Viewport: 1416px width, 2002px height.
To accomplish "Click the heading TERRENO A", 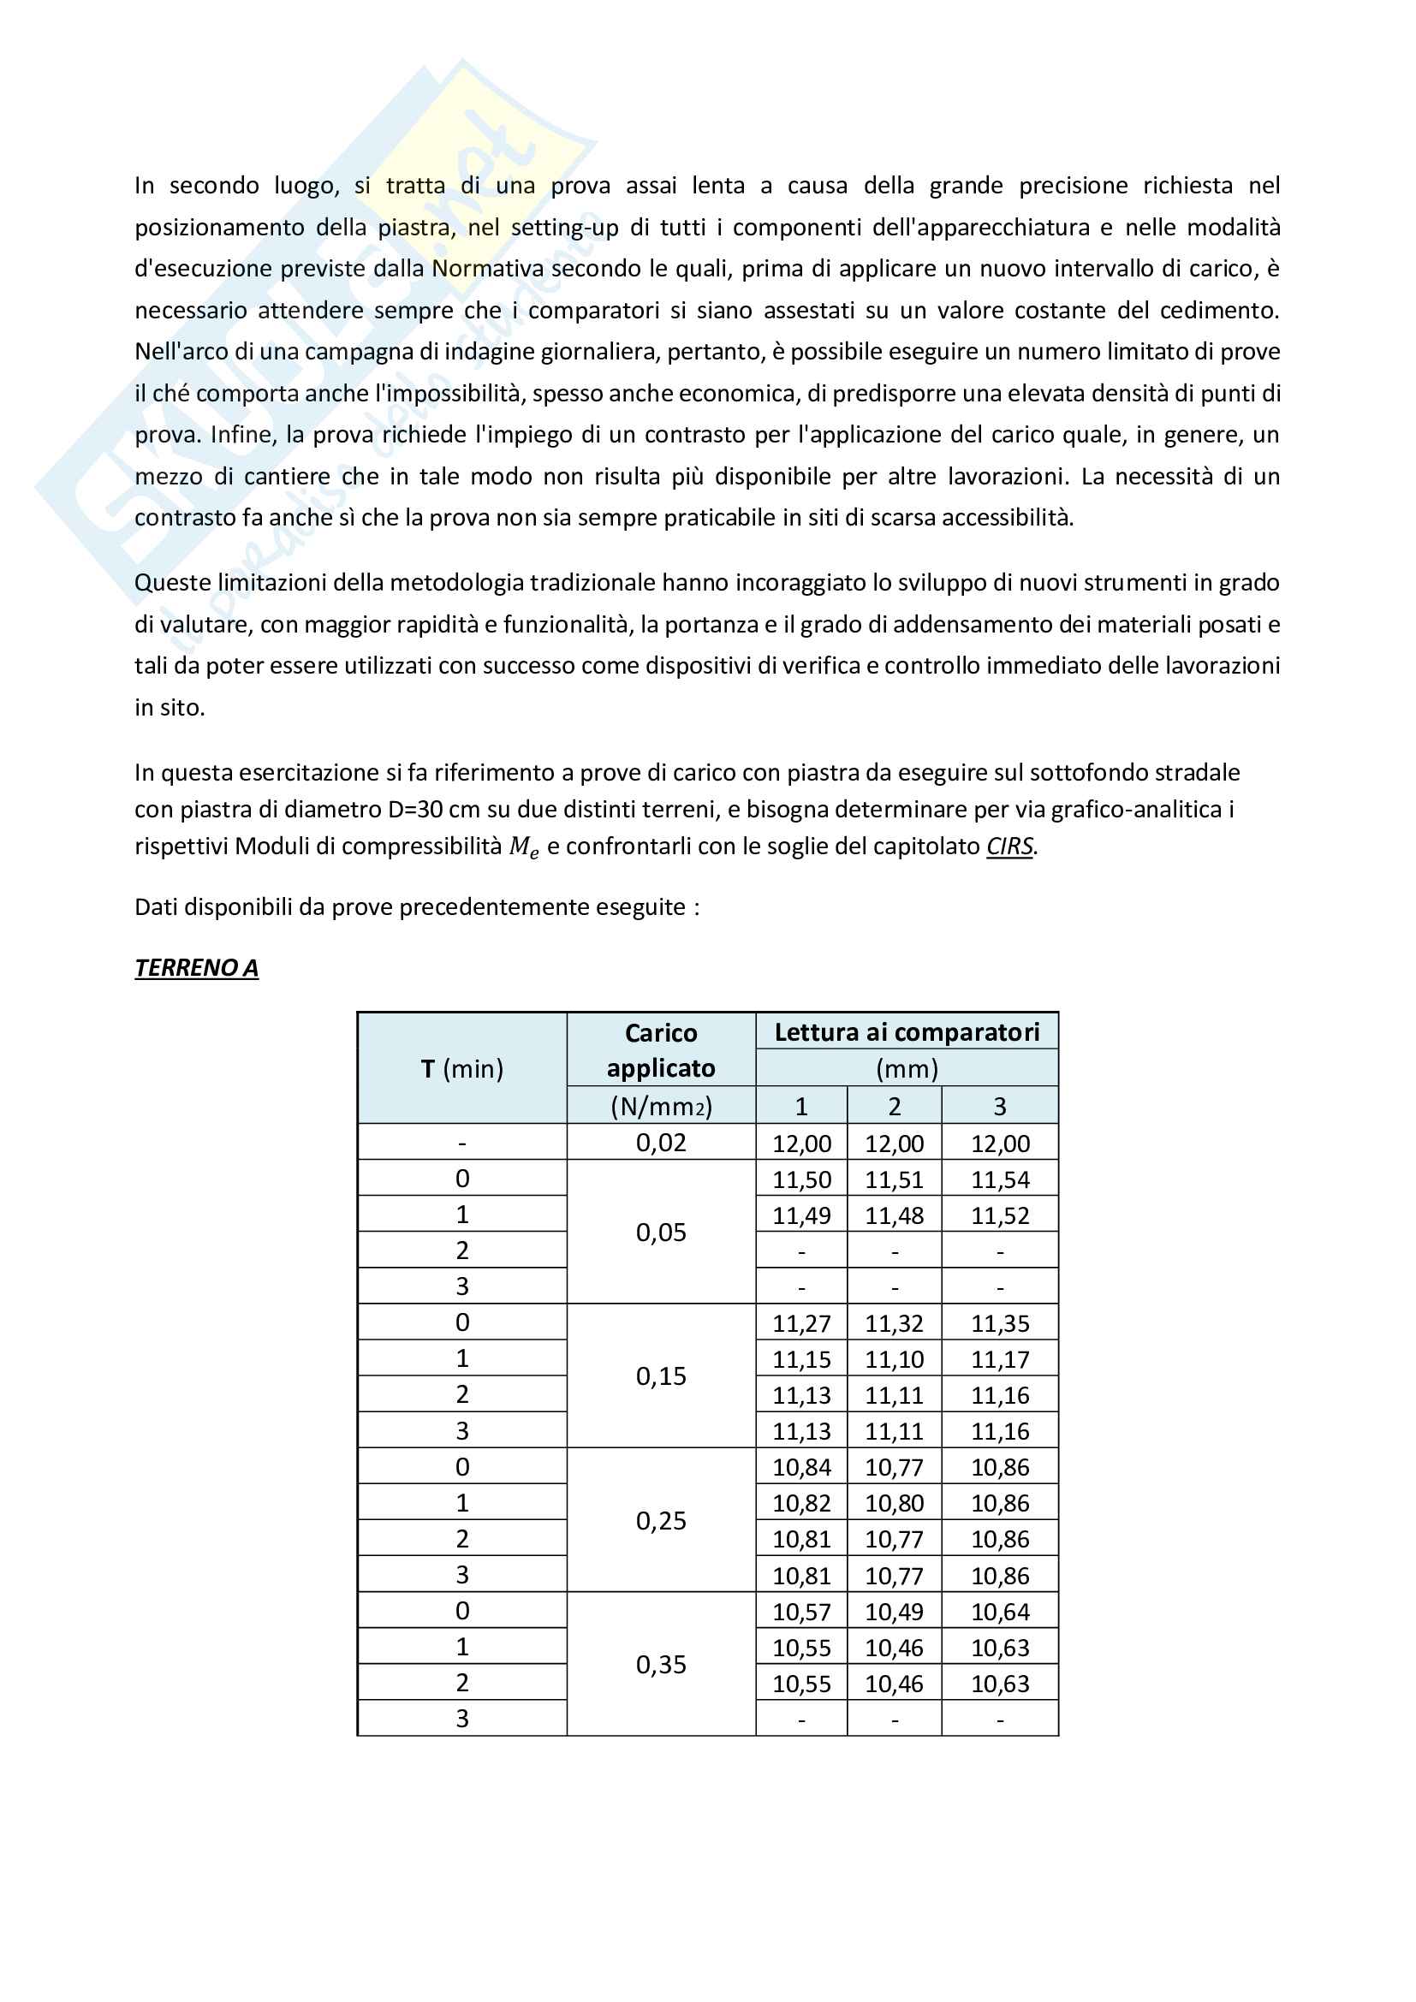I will coord(196,968).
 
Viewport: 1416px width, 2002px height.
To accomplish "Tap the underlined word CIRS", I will coord(1009,846).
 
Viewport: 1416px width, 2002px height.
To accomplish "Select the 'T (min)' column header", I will coord(462,1068).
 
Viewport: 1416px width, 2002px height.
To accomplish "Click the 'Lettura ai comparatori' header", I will coord(907,1032).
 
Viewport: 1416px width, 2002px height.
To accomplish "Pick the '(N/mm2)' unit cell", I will coord(661,1106).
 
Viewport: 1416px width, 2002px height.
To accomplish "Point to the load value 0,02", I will coord(661,1143).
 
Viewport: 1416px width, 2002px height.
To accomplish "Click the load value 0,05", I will coord(661,1232).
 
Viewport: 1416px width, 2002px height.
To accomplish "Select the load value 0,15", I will coord(661,1376).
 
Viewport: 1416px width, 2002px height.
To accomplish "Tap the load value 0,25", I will coord(661,1521).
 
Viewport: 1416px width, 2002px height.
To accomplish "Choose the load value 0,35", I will coord(661,1665).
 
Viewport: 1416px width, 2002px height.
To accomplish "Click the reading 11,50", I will coord(801,1179).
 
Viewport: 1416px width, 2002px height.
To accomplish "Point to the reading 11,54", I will coord(1000,1179).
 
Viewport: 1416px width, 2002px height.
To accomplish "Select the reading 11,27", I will coord(801,1323).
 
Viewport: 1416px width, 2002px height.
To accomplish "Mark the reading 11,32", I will coord(894,1323).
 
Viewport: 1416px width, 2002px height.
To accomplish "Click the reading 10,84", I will coord(801,1468).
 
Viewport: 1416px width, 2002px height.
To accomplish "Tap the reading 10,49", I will coord(894,1613).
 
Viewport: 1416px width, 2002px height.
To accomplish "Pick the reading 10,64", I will coord(1000,1613).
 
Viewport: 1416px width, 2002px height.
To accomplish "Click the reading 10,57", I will coord(801,1613).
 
